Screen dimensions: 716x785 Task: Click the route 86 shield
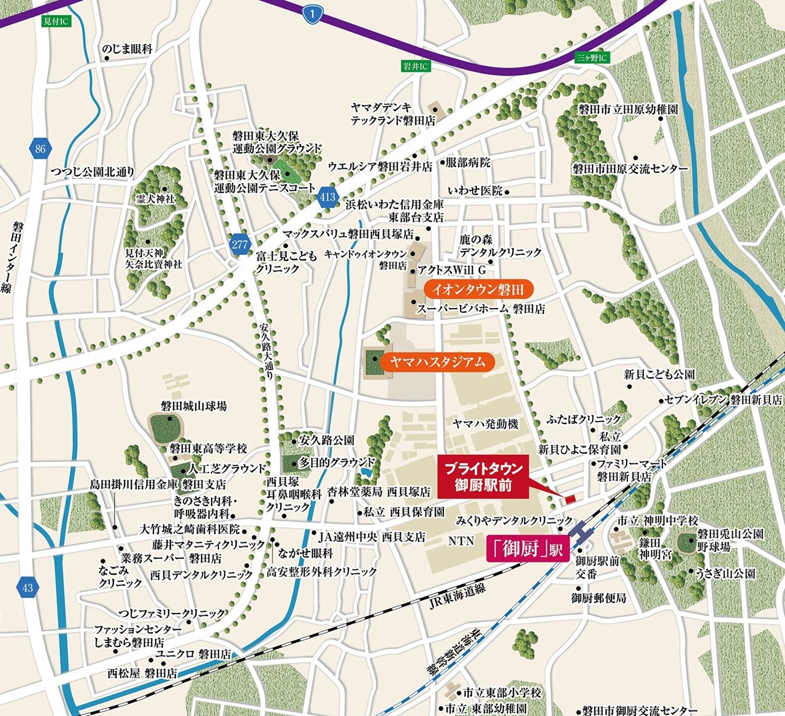pos(40,148)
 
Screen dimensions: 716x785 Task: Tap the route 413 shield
pos(327,197)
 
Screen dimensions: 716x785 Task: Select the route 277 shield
pos(239,244)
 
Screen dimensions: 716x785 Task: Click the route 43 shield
pos(26,588)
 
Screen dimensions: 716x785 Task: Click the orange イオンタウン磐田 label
pos(478,290)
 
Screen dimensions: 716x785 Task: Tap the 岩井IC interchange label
pos(415,66)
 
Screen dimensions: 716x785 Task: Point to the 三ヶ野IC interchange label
pos(591,58)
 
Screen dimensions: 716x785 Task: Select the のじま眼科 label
pos(127,50)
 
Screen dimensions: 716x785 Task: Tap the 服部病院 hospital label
pos(468,163)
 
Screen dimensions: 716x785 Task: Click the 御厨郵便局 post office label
pos(599,597)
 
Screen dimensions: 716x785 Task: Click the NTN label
pos(461,541)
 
